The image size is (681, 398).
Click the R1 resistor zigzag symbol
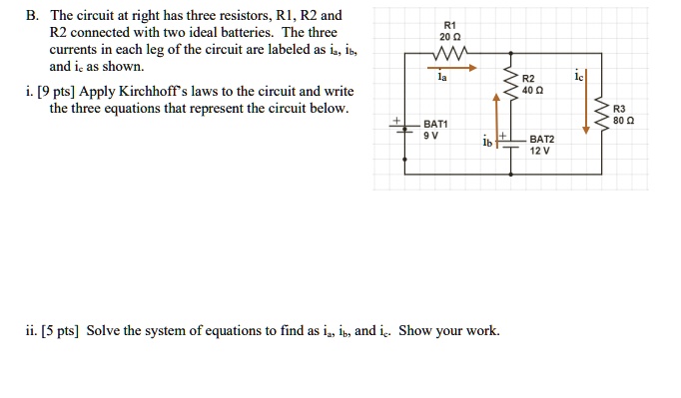pos(447,53)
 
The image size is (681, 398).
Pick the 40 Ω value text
pos(532,90)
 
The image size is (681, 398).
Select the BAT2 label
pos(542,140)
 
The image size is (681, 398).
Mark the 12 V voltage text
pos(540,153)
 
